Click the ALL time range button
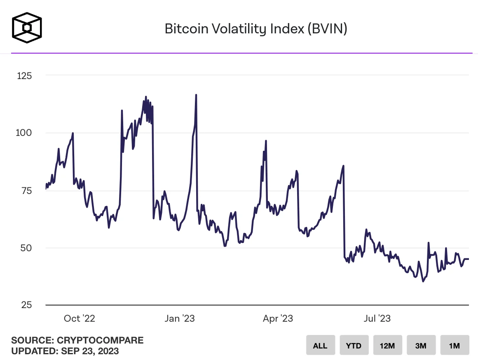point(321,345)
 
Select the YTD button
point(354,345)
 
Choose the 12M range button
point(387,345)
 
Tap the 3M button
point(421,345)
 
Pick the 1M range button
point(455,345)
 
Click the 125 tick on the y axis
point(24,76)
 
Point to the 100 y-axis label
point(24,133)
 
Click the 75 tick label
point(26,191)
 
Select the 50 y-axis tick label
point(26,248)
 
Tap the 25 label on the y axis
point(26,305)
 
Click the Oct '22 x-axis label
point(80,318)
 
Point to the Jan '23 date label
point(180,318)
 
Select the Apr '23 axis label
point(278,318)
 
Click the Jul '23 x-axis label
point(377,318)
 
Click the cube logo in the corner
point(27,28)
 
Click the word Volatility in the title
point(239,29)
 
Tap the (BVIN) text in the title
point(327,29)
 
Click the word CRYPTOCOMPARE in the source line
point(100,340)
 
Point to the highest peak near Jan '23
point(196,95)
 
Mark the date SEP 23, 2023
point(90,351)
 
